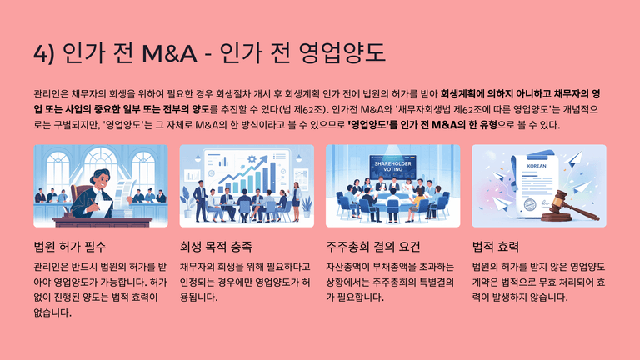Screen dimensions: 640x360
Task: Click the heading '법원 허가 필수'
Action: pos(70,247)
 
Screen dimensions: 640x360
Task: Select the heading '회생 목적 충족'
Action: pos(216,247)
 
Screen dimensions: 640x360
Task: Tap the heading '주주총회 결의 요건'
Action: pos(373,247)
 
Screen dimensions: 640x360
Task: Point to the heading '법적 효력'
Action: pos(496,247)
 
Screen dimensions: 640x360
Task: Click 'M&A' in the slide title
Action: pos(169,53)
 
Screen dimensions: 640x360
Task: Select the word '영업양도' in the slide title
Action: pos(342,53)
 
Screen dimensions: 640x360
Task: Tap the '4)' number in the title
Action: pos(43,54)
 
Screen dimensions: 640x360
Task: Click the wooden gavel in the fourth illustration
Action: pos(569,207)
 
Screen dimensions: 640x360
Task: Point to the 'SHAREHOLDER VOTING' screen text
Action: pos(393,166)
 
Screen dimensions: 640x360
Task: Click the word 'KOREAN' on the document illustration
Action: pos(537,166)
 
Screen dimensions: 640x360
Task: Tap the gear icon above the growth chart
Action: pos(252,159)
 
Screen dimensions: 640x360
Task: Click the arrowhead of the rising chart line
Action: pos(264,158)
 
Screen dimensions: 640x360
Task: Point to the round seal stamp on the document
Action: pos(530,204)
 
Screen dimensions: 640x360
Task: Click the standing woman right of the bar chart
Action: pos(297,200)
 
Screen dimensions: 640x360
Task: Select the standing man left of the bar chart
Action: pos(200,200)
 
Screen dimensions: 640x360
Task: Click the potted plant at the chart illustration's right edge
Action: pos(307,207)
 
